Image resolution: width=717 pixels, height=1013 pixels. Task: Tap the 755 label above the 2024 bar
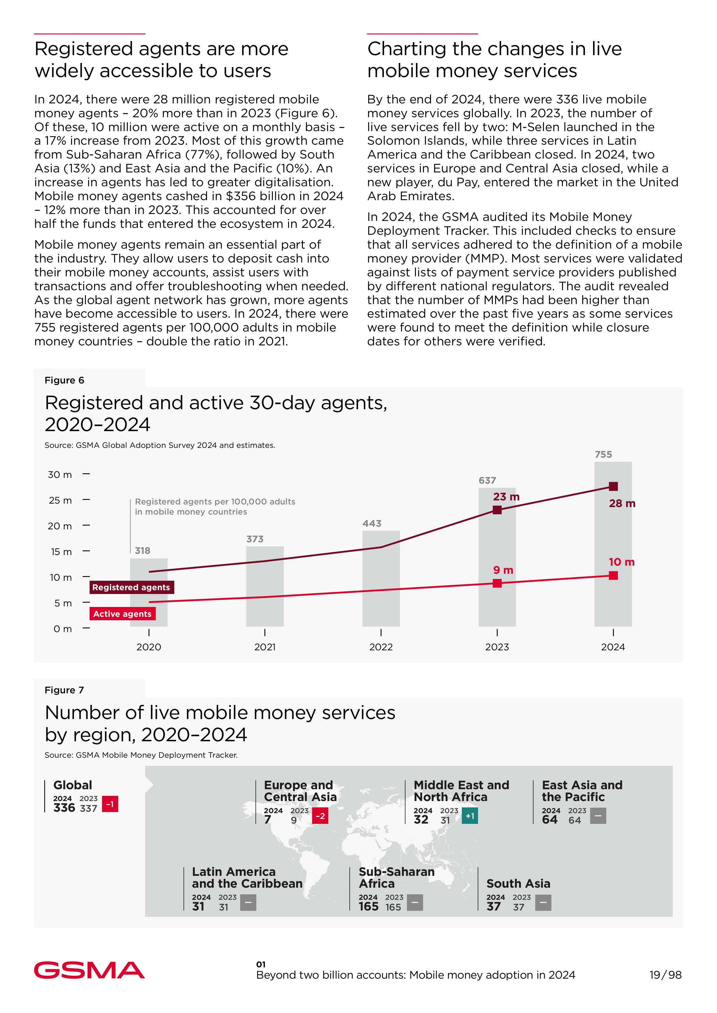[x=603, y=455]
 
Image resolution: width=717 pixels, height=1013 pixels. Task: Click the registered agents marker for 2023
[x=497, y=510]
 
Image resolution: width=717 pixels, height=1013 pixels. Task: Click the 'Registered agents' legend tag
[x=131, y=587]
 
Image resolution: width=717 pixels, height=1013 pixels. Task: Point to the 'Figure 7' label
[x=64, y=690]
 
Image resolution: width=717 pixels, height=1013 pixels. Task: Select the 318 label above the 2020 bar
[x=142, y=551]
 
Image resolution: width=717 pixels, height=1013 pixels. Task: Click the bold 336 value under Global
[x=64, y=808]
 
